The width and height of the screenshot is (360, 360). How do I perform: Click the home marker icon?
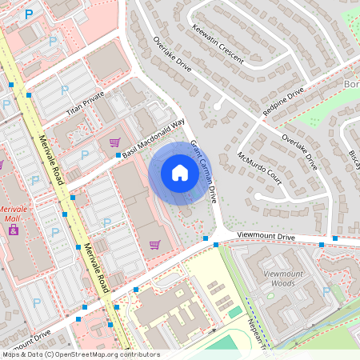point(180,173)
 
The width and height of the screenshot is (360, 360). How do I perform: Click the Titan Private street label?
point(86,103)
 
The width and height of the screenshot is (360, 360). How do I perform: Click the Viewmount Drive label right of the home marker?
point(266,238)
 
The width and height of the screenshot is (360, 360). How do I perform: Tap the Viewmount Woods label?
point(284,278)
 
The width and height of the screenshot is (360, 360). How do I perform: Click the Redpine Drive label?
point(283,103)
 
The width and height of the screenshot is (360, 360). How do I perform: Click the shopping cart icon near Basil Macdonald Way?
point(114,143)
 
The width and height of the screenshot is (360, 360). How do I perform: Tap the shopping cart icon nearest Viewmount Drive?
point(155,244)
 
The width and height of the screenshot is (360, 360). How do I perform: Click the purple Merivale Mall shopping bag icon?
point(14,229)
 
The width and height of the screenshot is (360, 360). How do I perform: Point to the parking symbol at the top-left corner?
point(30,14)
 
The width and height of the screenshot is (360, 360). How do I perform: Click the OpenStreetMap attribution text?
point(80,354)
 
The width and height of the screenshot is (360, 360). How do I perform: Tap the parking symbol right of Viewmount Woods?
point(326,291)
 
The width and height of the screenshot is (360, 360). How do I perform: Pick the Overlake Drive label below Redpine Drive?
point(299,152)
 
